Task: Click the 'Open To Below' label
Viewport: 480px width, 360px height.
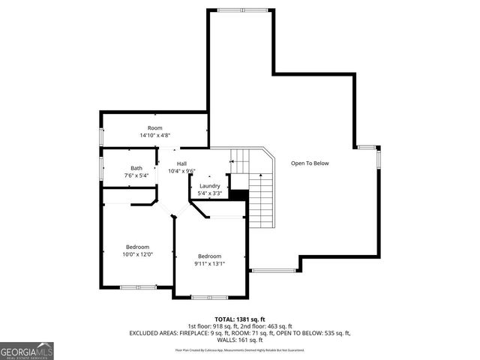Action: (310, 163)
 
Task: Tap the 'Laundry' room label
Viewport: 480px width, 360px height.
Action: (209, 186)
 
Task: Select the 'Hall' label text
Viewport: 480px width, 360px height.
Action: (181, 163)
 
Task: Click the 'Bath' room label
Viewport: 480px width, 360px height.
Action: (136, 168)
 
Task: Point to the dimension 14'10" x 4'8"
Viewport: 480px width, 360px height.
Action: (154, 136)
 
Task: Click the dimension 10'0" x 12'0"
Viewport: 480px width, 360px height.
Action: (137, 254)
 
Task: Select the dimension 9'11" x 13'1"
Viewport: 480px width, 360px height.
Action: (209, 263)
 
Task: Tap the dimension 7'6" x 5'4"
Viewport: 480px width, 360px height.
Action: (136, 175)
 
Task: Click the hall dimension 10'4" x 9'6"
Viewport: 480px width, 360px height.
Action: (181, 171)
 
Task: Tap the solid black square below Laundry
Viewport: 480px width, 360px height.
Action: (238, 195)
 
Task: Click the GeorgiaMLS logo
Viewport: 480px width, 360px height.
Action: (27, 350)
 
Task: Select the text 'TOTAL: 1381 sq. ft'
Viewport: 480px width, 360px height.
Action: (240, 319)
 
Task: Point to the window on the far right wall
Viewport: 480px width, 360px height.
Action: (378, 158)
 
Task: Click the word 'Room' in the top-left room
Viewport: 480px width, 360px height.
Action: (154, 128)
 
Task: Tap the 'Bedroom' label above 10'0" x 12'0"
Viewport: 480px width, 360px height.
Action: (137, 247)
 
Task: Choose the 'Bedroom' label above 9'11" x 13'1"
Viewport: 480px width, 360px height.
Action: (209, 256)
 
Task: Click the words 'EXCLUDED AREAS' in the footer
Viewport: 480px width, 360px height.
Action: (154, 332)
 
